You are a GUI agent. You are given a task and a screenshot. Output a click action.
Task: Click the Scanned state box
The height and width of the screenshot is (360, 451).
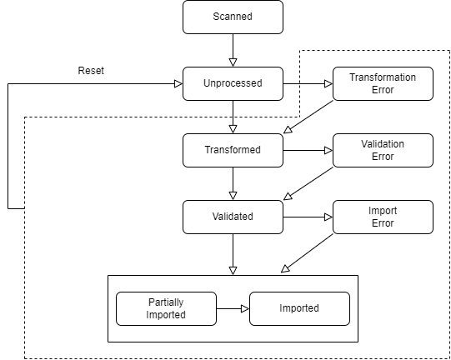coord(233,17)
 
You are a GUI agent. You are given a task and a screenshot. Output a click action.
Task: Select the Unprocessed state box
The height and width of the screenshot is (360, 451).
coord(233,83)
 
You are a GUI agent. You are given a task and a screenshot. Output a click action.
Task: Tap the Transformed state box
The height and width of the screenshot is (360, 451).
coord(233,150)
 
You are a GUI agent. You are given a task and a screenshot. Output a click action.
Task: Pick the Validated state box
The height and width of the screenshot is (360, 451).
coord(233,217)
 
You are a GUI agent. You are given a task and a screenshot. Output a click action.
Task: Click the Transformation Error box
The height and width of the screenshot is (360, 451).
coord(383,83)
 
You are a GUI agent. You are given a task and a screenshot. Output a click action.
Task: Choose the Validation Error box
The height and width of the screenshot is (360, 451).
coord(383,150)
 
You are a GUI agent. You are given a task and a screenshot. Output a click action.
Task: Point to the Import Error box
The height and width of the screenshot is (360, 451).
coord(383,217)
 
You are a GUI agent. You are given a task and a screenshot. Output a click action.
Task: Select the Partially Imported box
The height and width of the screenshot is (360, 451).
coord(166,309)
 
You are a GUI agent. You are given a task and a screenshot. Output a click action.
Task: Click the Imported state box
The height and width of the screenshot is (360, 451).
coord(300,309)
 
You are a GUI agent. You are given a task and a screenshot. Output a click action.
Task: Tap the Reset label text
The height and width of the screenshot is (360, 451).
coord(91,71)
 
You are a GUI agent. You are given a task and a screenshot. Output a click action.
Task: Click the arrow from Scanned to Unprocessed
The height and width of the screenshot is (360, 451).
coord(233,50)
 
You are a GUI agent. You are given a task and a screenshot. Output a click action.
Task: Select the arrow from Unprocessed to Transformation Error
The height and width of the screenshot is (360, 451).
coord(308,83)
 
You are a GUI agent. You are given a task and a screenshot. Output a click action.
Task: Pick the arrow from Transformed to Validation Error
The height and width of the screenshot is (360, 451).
coord(308,150)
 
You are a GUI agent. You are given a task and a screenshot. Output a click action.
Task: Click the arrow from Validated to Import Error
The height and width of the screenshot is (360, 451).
coord(308,217)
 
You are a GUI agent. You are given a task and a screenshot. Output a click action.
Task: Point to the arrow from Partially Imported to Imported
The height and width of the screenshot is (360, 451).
coord(233,309)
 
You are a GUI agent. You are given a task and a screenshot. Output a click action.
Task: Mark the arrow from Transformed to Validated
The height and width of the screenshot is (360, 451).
coord(233,183)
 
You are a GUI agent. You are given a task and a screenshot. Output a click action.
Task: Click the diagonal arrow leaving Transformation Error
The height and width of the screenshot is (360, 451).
coord(308,117)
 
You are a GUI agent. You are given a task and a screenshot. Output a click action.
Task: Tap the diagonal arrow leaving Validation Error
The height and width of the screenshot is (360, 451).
coord(308,183)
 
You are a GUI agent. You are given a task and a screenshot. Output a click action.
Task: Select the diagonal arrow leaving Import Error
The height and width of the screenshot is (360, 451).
coord(307,252)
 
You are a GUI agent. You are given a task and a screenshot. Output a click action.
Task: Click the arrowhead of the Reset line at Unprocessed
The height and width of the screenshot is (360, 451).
coord(178,83)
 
